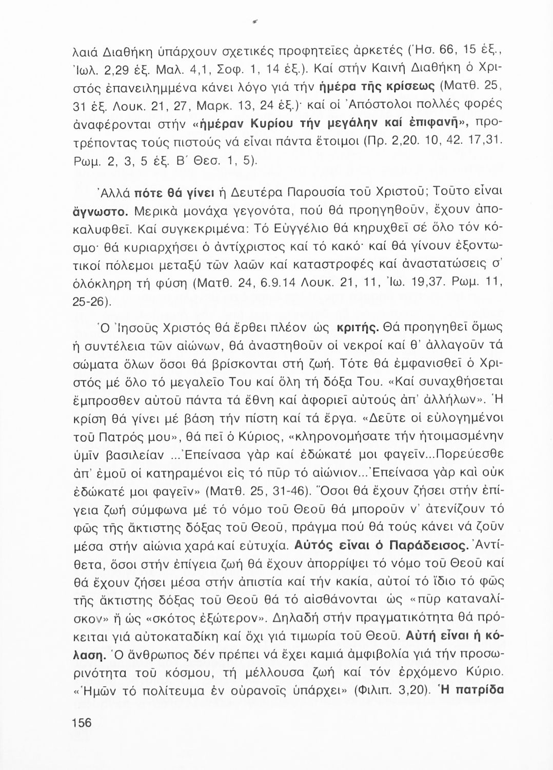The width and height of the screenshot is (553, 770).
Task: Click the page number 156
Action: click(82, 723)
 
